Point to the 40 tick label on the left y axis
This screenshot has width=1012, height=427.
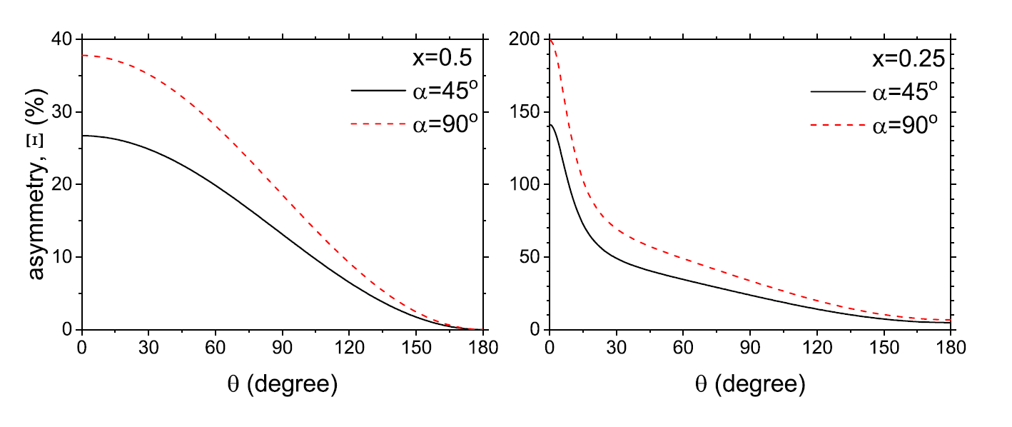pyautogui.click(x=64, y=39)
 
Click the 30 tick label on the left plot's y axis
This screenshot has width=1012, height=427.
pyautogui.click(x=64, y=112)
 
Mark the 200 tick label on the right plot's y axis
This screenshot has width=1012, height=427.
pyautogui.click(x=526, y=39)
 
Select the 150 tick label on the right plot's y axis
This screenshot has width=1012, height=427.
pyautogui.click(x=526, y=112)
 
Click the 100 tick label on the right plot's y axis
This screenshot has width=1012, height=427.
pyautogui.click(x=526, y=185)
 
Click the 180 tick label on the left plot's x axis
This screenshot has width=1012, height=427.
pyautogui.click(x=484, y=349)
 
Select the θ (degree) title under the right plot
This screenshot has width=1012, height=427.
pyautogui.click(x=749, y=386)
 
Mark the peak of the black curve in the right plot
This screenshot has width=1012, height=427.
pyautogui.click(x=551, y=125)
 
